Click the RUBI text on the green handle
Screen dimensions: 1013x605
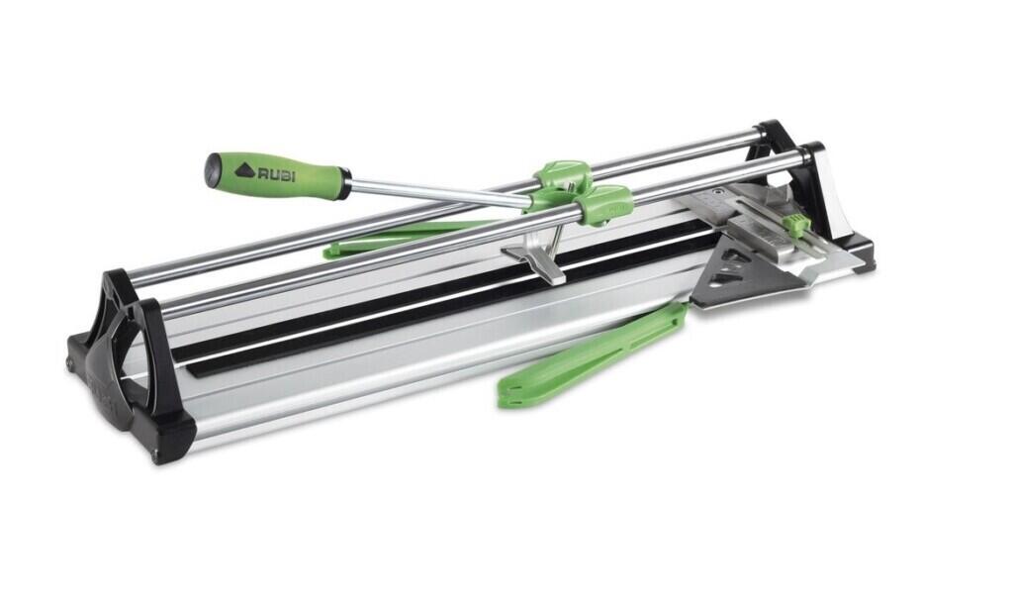(x=277, y=173)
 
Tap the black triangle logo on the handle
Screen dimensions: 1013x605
(x=244, y=170)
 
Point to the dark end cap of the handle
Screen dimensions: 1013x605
(x=212, y=168)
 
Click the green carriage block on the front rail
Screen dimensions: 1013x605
(x=602, y=204)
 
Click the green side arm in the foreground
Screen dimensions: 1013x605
(x=592, y=358)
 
